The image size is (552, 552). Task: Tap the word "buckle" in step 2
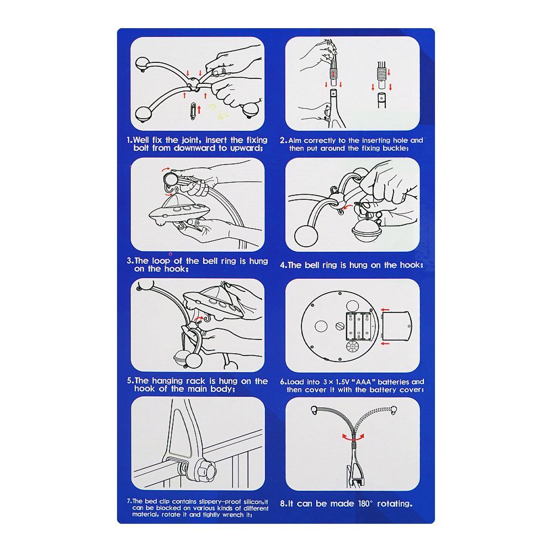(395, 148)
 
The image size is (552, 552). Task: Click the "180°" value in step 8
(365, 503)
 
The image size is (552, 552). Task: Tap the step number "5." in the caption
(130, 381)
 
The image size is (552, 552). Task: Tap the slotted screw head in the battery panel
(339, 326)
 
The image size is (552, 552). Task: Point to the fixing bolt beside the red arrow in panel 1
(193, 111)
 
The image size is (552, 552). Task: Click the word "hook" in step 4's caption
(410, 265)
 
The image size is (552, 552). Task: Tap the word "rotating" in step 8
(394, 504)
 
